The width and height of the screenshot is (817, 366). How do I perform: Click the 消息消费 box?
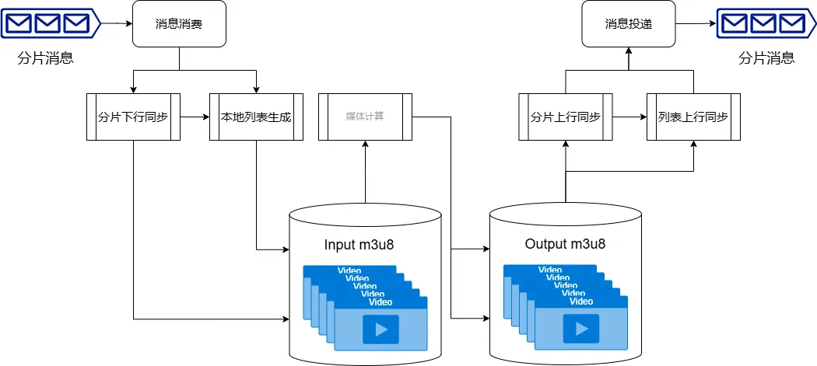(179, 24)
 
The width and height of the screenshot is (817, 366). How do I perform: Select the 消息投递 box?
(628, 24)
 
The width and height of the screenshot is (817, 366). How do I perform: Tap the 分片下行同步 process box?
(133, 117)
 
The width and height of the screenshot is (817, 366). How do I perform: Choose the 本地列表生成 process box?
(256, 117)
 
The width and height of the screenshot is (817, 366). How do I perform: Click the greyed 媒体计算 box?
(365, 117)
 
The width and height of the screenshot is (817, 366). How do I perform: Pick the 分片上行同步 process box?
(565, 117)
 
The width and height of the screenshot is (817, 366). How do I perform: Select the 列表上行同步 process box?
(693, 117)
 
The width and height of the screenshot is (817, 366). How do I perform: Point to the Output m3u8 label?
(565, 244)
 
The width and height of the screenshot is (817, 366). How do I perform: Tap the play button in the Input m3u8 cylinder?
(380, 329)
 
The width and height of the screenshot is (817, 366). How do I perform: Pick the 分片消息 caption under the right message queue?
(766, 58)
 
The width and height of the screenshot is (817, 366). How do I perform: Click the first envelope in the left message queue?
(19, 23)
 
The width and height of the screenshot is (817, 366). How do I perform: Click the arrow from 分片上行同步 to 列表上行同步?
(629, 117)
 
